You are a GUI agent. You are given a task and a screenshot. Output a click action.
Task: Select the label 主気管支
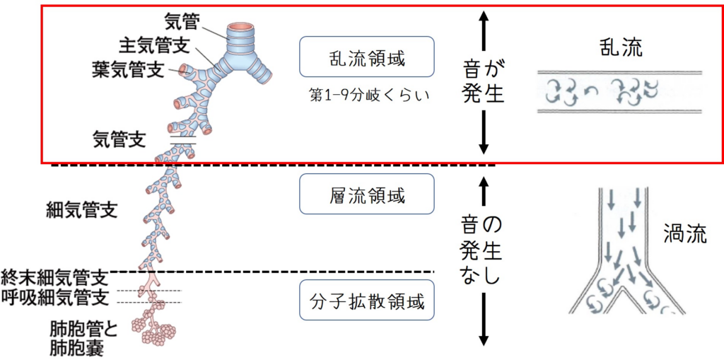[153, 45]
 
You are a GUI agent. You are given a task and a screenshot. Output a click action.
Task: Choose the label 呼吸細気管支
[55, 297]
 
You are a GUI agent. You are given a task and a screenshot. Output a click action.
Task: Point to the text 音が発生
[484, 81]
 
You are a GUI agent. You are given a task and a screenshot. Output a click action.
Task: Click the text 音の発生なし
[484, 252]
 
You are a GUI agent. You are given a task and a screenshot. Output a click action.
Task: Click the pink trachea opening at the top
[239, 27]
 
